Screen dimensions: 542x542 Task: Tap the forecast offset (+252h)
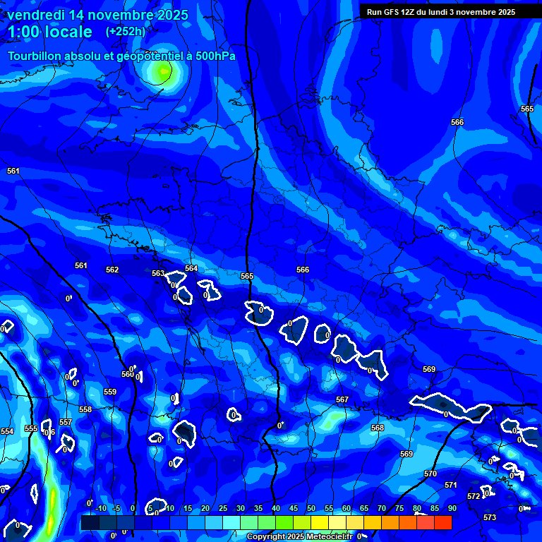point(125,31)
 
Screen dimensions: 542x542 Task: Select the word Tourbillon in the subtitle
point(35,56)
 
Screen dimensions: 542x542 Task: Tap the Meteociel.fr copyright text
point(299,536)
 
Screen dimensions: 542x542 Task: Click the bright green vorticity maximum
point(163,70)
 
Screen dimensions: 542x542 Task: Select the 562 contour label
point(112,270)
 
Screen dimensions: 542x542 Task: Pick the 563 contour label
point(158,273)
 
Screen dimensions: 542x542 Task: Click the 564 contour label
point(191,268)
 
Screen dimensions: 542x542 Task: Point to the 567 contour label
point(342,399)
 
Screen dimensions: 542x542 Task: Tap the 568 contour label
point(378,428)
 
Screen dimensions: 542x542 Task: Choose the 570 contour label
point(430,474)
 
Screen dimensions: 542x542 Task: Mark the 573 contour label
point(490,517)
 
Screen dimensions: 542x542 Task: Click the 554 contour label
point(7,431)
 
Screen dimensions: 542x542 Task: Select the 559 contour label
point(110,392)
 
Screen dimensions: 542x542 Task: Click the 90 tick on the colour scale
point(452,509)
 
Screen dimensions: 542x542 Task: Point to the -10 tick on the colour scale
point(100,509)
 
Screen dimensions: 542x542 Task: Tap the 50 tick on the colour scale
point(311,509)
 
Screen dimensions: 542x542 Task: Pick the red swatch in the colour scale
point(442,522)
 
